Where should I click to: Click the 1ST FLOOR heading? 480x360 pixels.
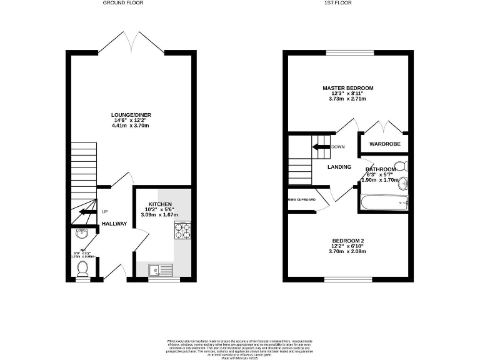337,3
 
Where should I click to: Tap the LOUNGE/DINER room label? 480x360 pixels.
130,115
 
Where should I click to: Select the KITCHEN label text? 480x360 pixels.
159,204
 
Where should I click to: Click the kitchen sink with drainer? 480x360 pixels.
160,270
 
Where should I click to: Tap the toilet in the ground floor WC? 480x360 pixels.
82,268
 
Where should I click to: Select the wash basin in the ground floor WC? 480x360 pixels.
81,234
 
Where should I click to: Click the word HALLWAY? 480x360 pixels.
114,224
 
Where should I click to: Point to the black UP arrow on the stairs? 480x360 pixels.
81,212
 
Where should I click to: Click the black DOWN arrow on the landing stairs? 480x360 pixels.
321,147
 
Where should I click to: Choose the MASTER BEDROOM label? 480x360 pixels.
347,88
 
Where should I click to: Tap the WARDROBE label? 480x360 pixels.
384,144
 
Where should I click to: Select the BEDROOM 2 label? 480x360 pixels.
348,241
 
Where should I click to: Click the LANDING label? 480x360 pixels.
339,167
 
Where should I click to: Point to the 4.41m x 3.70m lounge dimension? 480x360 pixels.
130,126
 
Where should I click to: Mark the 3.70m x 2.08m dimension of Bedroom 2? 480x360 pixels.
348,252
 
